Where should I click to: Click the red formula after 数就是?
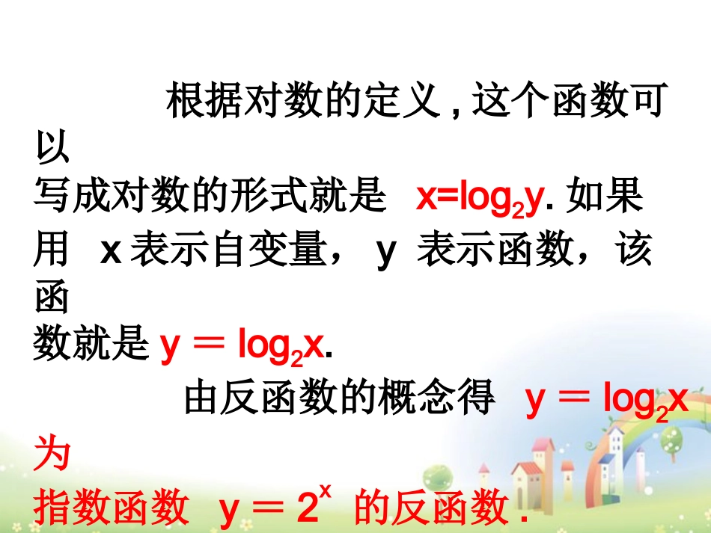246,346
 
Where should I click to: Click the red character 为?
52,454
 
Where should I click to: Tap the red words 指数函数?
111,508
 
